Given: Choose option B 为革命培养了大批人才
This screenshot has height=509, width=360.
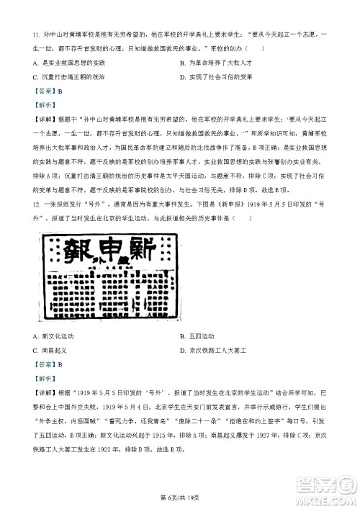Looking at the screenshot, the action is pyautogui.click(x=216, y=63).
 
